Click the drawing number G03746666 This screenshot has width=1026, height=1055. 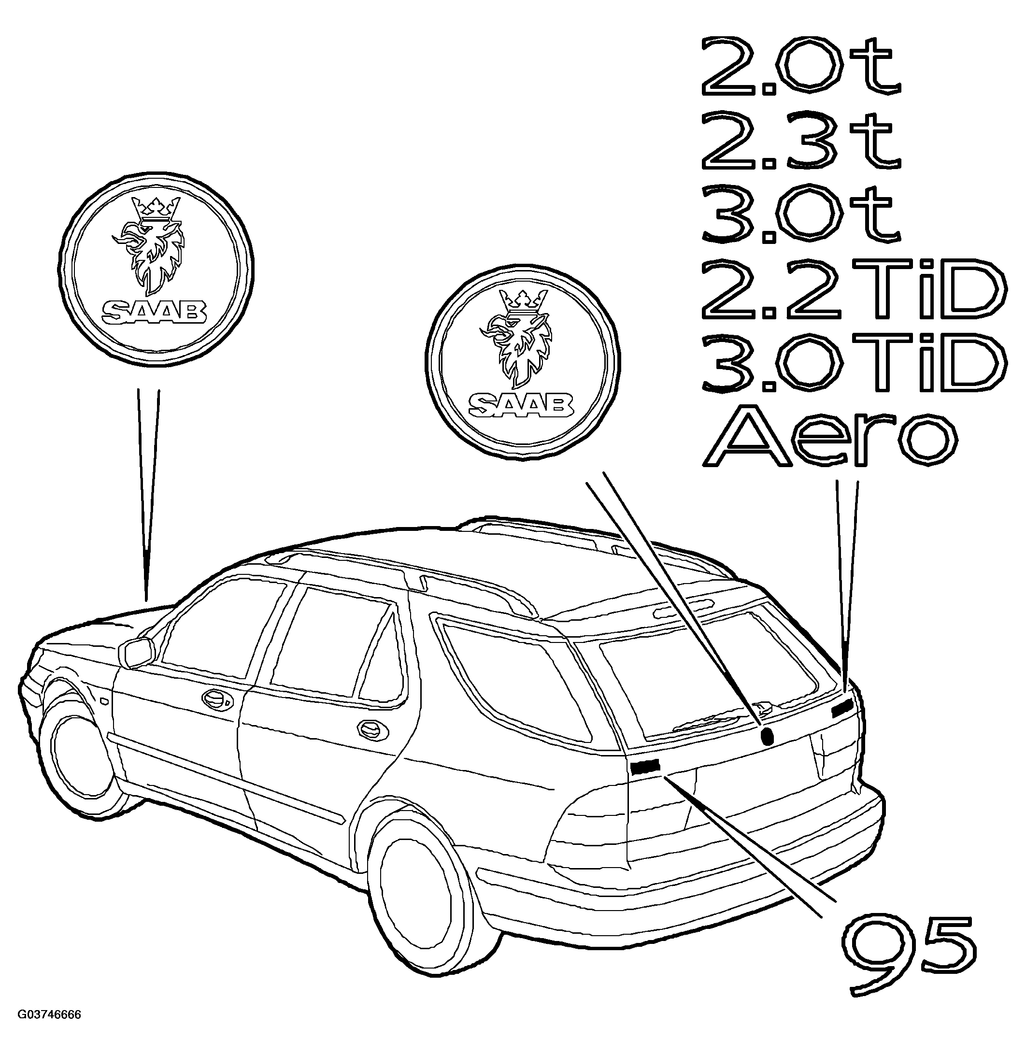tap(50, 1030)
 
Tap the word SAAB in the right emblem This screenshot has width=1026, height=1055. tap(521, 404)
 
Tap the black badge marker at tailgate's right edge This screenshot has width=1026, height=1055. tap(842, 708)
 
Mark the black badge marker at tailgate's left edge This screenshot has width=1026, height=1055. tap(645, 767)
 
